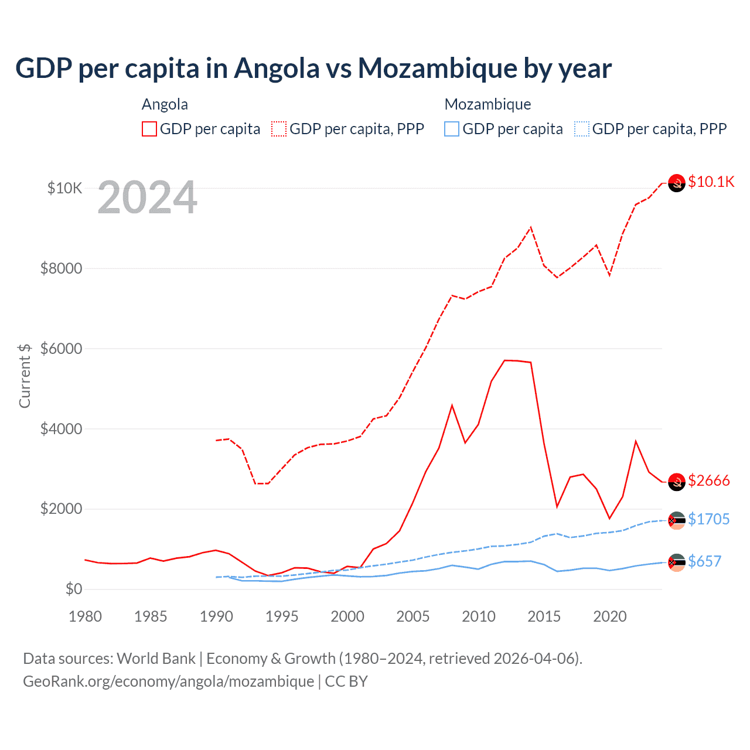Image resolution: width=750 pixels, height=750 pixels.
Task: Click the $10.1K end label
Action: pyautogui.click(x=711, y=182)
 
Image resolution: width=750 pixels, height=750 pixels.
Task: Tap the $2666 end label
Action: pyautogui.click(x=708, y=480)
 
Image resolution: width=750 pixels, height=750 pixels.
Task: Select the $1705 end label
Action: pyautogui.click(x=708, y=519)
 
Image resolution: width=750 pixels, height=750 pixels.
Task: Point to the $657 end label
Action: pyautogui.click(x=704, y=561)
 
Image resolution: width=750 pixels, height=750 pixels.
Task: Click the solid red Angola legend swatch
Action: pyautogui.click(x=149, y=129)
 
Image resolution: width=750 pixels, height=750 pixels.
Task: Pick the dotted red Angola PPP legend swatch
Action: pyautogui.click(x=279, y=129)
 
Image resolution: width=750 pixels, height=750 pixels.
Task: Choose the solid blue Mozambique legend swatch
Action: pyautogui.click(x=452, y=129)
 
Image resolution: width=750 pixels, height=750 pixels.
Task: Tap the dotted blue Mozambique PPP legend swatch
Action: pyautogui.click(x=582, y=129)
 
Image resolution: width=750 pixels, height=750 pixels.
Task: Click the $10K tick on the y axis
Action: pyautogui.click(x=64, y=188)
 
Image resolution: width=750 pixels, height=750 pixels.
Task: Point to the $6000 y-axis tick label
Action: pyautogui.click(x=61, y=349)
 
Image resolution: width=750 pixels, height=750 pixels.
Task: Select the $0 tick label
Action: pyautogui.click(x=73, y=589)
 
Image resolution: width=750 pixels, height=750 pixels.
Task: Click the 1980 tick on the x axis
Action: pyautogui.click(x=85, y=616)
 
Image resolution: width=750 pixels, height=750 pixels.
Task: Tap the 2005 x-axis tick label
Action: pyautogui.click(x=413, y=616)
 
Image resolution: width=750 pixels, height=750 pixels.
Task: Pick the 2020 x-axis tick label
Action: pyautogui.click(x=610, y=616)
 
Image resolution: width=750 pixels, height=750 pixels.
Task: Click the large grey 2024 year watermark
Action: pyautogui.click(x=147, y=197)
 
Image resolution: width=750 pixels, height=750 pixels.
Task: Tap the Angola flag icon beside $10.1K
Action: pyautogui.click(x=677, y=183)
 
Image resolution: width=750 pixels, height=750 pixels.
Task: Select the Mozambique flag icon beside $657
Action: pyautogui.click(x=677, y=562)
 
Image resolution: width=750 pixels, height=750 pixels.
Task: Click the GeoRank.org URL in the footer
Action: pyautogui.click(x=169, y=681)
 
